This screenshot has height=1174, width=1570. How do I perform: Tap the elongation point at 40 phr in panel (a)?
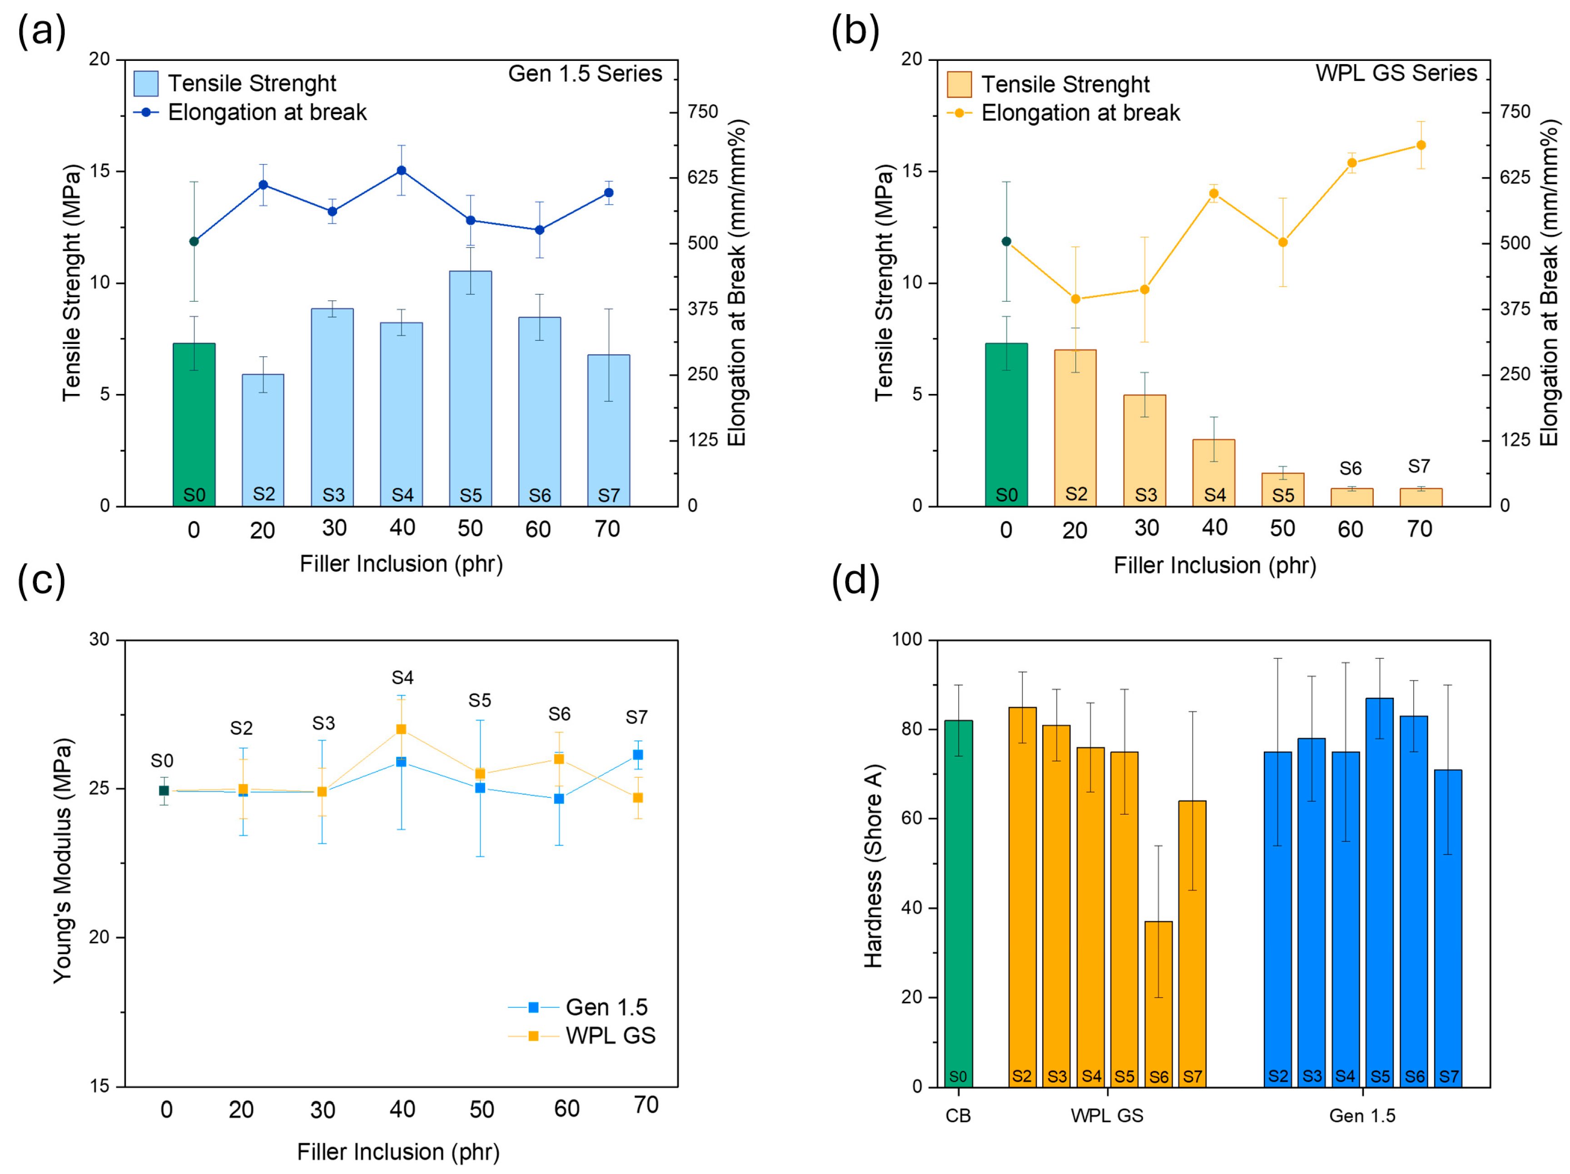pyautogui.click(x=401, y=170)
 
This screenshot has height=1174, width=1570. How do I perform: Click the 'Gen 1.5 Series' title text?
pyautogui.click(x=585, y=74)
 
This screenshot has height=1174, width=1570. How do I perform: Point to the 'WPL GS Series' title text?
pyautogui.click(x=1396, y=73)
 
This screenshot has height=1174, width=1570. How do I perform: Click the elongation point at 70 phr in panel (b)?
pyautogui.click(x=1421, y=145)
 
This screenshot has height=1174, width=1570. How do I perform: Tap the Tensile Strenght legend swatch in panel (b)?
pyautogui.click(x=959, y=85)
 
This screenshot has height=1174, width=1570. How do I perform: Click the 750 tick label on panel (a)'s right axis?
pyautogui.click(x=703, y=111)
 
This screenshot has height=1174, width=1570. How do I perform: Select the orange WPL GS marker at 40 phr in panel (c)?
pyautogui.click(x=401, y=729)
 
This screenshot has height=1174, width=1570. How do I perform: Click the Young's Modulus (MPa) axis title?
pyautogui.click(x=63, y=860)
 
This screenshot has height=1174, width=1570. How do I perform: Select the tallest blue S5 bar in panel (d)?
pyautogui.click(x=1379, y=891)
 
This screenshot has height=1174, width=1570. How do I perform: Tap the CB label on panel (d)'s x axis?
pyautogui.click(x=958, y=1116)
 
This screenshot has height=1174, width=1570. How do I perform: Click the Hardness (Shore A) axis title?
pyautogui.click(x=873, y=866)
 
